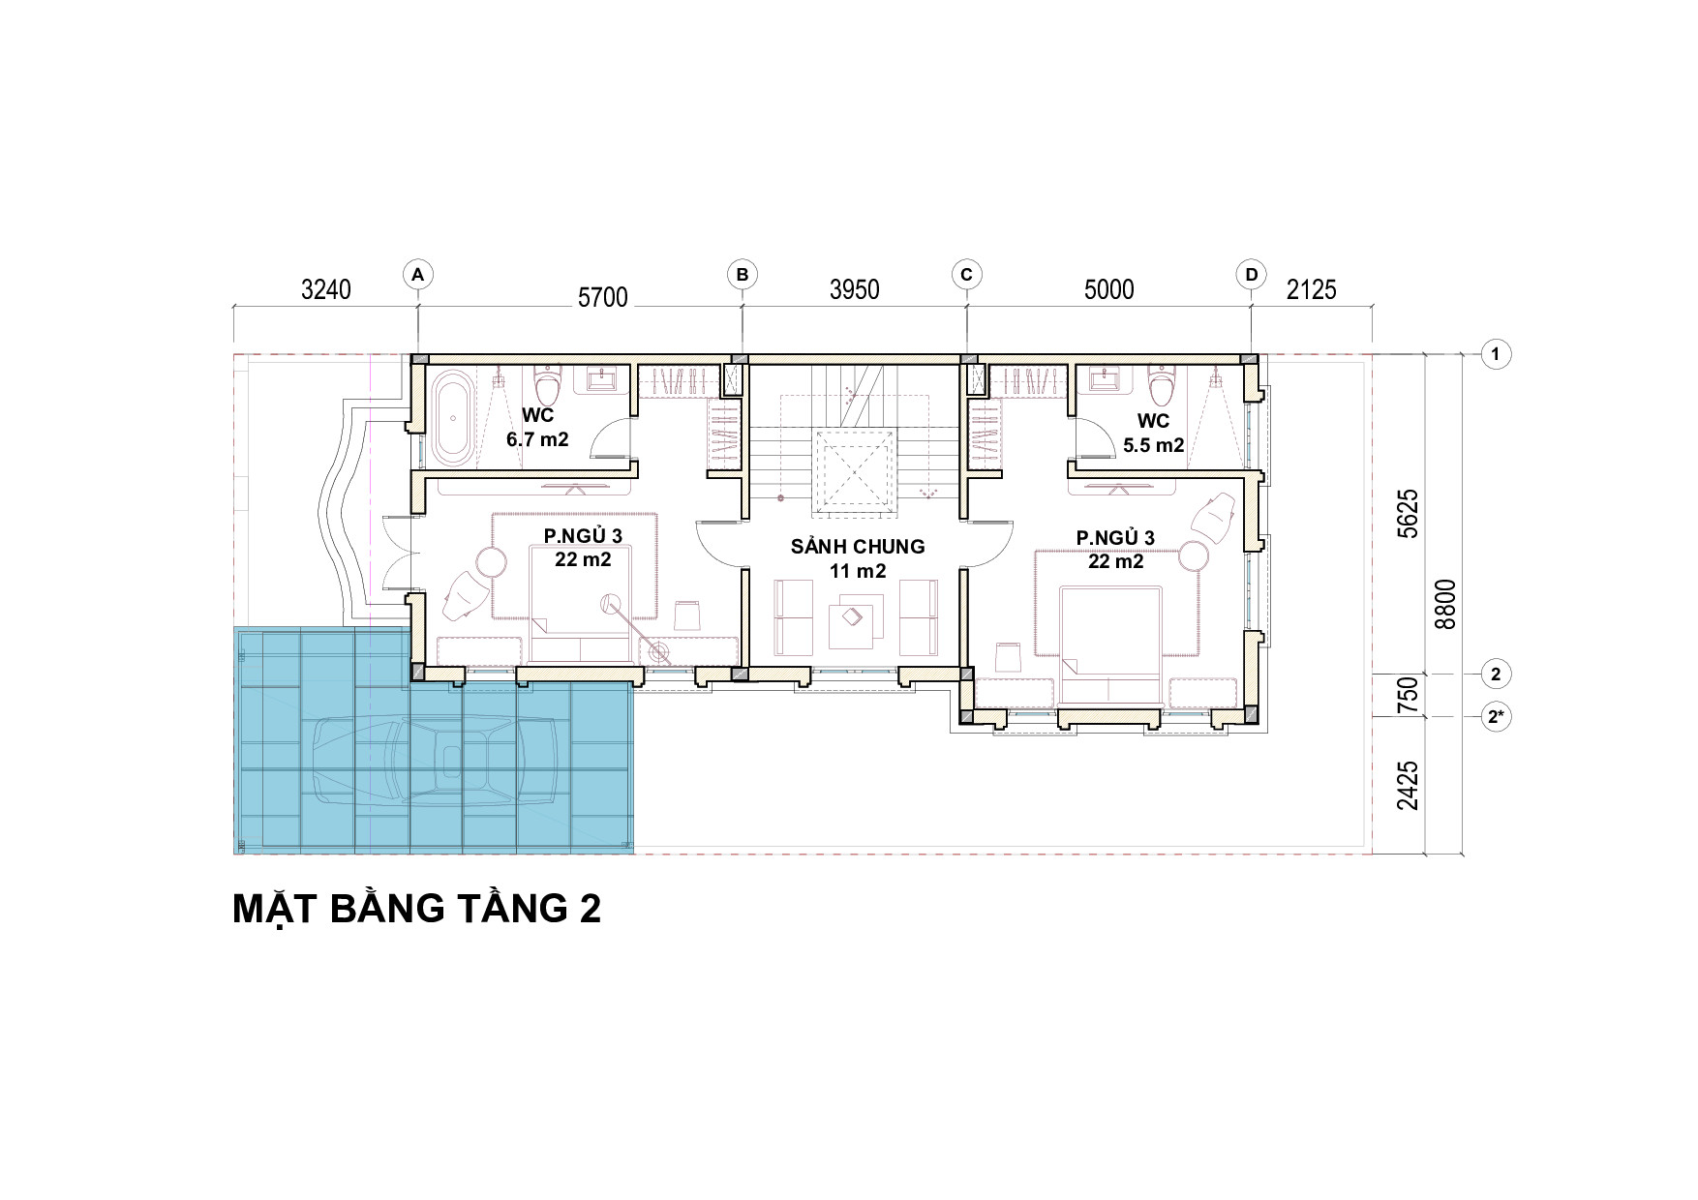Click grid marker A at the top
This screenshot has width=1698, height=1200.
pos(417,275)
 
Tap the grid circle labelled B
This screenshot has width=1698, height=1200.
pos(743,275)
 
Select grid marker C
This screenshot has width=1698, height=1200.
pos(966,275)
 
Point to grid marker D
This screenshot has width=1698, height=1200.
pos(1252,275)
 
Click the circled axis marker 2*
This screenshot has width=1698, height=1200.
pos(1496,717)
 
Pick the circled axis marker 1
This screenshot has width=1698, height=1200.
pos(1496,354)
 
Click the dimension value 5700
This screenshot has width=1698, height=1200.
pos(603,297)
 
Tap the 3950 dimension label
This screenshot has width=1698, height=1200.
pos(855,289)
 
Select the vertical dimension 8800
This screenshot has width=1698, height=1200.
pos(1445,605)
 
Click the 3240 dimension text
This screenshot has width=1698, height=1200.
pos(326,289)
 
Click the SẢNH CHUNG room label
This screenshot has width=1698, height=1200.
pos(858,547)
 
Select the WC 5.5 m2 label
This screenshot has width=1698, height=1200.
pos(1154,433)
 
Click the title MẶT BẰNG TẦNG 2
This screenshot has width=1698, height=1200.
pos(417,909)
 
